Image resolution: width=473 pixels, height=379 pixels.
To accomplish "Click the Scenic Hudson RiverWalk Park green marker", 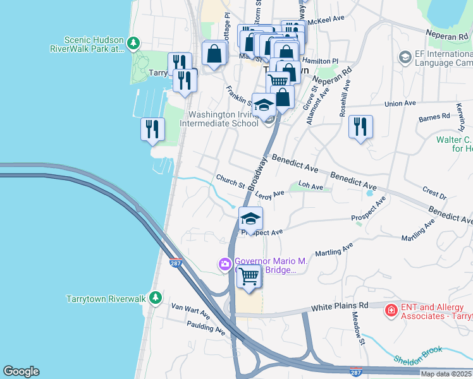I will point(133,43).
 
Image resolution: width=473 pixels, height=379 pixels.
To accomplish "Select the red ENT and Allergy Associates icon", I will point(391,310).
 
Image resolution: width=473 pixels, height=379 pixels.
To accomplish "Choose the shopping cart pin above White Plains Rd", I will point(249,276).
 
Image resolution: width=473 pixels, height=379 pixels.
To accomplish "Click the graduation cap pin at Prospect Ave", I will point(250,219).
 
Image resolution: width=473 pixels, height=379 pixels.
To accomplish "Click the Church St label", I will point(230,181).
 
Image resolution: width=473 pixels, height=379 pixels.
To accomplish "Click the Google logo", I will point(21,371).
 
